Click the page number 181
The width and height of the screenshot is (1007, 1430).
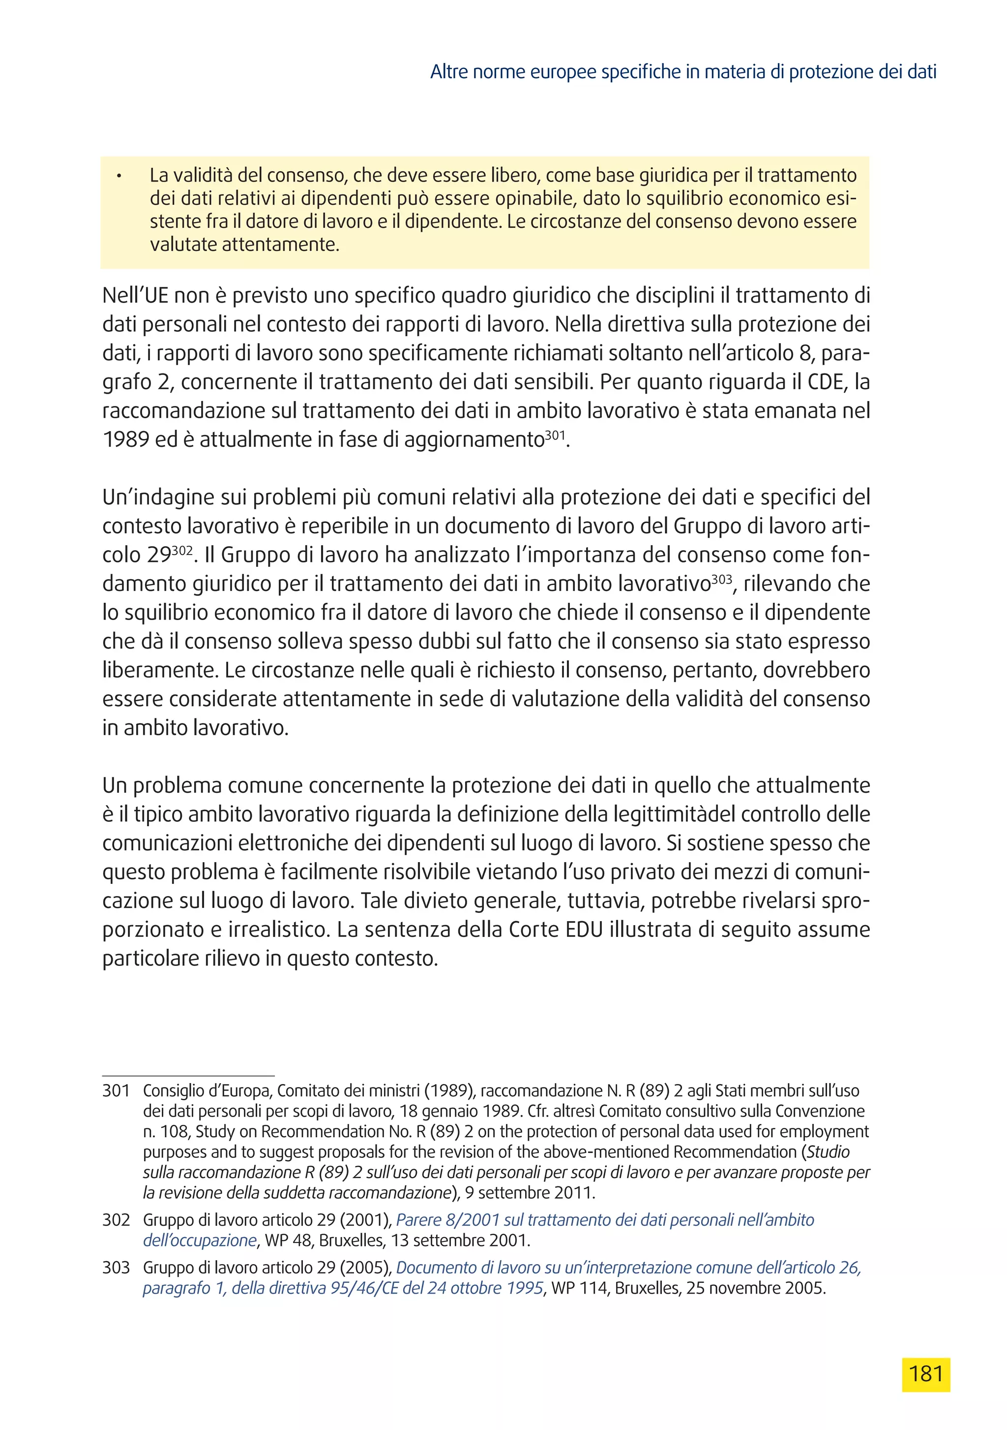click(x=925, y=1374)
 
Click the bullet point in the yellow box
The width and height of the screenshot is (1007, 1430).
click(x=118, y=176)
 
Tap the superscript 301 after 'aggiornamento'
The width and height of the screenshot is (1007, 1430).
click(x=555, y=435)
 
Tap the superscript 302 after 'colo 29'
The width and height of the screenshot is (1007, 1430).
click(x=182, y=550)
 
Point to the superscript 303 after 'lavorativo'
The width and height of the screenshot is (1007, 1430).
click(x=721, y=579)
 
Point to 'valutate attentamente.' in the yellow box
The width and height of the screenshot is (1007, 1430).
click(x=244, y=244)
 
